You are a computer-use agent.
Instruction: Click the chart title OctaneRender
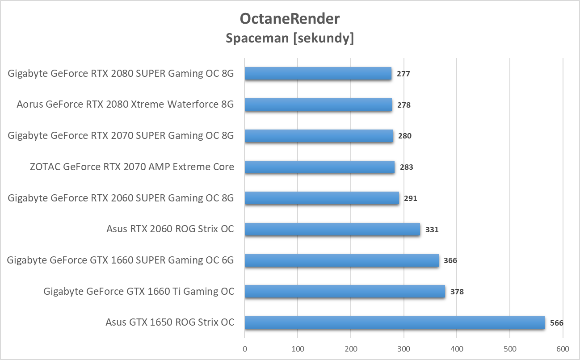pos(290,19)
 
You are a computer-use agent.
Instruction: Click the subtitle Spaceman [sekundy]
pos(290,38)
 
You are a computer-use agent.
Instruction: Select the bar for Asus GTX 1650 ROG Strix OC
pos(395,322)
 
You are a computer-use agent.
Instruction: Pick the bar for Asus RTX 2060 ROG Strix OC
pos(332,230)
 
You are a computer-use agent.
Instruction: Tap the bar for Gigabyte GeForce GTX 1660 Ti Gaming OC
pos(345,292)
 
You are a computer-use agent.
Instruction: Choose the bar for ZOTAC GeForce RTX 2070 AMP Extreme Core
pos(319,167)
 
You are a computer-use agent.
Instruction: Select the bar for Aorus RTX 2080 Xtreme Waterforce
pos(318,105)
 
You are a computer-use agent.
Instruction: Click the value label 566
pos(557,323)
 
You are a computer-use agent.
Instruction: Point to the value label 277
pos(403,74)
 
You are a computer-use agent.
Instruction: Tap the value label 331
pos(432,230)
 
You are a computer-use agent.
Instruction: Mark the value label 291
pos(410,198)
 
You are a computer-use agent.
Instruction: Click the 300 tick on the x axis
pos(404,348)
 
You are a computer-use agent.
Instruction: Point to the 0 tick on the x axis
pos(244,348)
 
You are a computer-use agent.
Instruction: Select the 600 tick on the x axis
pos(563,348)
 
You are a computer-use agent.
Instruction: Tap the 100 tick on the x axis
pos(298,348)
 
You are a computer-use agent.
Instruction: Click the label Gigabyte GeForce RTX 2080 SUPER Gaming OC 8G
pos(121,73)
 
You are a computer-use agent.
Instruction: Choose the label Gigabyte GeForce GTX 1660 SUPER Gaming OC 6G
pos(121,260)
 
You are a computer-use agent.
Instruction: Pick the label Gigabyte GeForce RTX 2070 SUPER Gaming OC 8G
pos(121,135)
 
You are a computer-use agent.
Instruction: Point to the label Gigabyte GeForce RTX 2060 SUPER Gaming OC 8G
pos(121,198)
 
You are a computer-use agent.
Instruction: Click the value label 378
pos(457,292)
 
